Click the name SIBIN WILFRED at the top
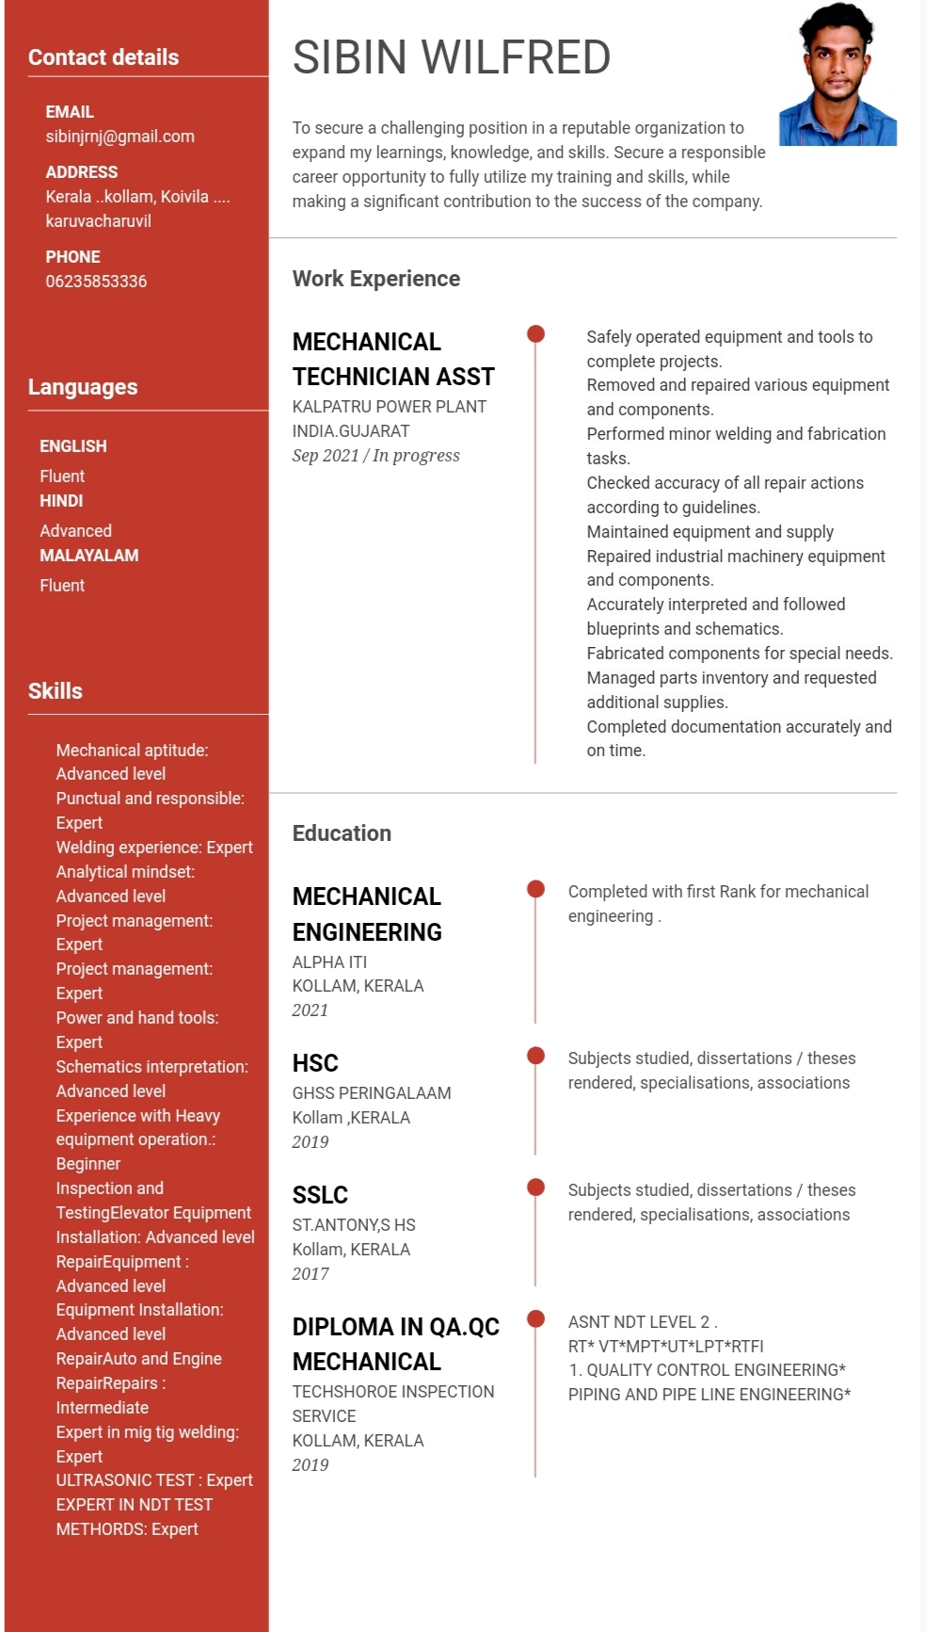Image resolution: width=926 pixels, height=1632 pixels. point(452,57)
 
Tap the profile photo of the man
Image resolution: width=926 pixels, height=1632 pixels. point(837,74)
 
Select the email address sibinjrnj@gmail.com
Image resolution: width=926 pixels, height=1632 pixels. point(120,137)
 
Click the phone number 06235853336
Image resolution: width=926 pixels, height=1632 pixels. point(96,282)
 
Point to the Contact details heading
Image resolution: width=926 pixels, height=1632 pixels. point(104,57)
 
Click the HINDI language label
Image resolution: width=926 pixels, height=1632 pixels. point(61,501)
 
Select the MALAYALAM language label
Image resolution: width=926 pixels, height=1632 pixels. point(88,556)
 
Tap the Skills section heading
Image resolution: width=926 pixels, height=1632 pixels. point(56,691)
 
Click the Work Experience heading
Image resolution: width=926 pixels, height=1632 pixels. point(376,279)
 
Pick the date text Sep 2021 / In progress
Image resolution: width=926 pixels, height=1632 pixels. point(376,456)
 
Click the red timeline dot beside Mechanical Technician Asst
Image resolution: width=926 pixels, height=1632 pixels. point(535,333)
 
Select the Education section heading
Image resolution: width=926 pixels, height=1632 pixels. point(342,833)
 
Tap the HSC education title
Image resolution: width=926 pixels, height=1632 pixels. point(315,1063)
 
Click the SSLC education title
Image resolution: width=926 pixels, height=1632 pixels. point(320,1195)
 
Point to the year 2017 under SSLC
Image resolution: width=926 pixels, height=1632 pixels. point(311,1274)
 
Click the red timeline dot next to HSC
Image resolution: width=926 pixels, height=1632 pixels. point(535,1055)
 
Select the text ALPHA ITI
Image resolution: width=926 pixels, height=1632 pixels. point(329,962)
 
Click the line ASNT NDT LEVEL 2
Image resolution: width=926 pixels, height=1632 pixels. point(643,1322)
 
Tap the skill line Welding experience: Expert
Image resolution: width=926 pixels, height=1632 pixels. point(154,848)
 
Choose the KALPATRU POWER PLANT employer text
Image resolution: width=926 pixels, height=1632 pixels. point(390,407)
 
